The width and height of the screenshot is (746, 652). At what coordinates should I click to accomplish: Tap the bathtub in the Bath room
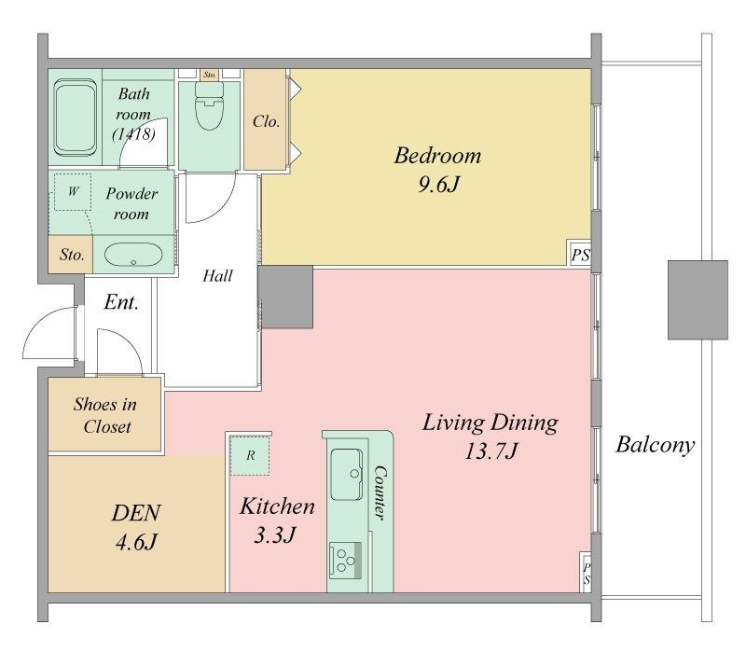pos(76,118)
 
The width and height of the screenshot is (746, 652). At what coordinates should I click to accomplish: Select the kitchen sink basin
pos(346,475)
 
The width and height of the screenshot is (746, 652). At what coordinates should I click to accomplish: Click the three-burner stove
pos(345,561)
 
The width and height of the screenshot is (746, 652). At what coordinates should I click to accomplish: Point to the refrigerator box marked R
pos(250,456)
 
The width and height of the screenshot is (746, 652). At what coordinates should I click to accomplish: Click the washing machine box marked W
pos(73,192)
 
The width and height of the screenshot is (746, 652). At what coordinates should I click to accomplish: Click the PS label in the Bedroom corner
pos(580,255)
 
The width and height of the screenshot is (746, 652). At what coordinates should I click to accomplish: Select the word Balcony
pos(656,445)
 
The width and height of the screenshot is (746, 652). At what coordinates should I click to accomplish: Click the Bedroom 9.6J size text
pos(438,184)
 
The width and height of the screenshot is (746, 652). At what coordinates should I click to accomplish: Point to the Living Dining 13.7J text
pos(490,437)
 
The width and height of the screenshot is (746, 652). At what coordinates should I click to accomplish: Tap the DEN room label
pos(136,513)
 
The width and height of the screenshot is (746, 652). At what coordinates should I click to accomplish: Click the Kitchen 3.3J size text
pos(275,534)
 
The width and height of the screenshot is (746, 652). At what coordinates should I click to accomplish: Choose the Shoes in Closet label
pos(105,415)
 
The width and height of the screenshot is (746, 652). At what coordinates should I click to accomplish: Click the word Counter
pos(380,492)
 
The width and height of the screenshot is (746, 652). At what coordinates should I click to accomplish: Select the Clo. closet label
pos(266,122)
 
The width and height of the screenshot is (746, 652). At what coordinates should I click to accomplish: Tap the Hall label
pos(217,275)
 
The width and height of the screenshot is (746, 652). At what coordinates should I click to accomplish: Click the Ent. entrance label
pos(121,302)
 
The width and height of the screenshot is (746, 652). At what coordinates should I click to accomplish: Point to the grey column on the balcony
pos(698,299)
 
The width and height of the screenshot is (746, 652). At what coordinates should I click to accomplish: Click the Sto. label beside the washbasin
pos(72,255)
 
